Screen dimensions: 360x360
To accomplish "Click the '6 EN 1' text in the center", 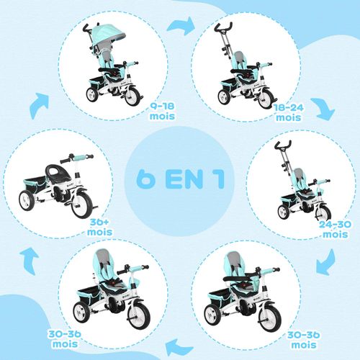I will tap(180, 179).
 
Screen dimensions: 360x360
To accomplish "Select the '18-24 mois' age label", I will tap(288, 111).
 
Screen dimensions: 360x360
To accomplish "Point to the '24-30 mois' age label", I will tap(336, 229).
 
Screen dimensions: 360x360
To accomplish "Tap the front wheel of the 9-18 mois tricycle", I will tap(132, 95).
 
